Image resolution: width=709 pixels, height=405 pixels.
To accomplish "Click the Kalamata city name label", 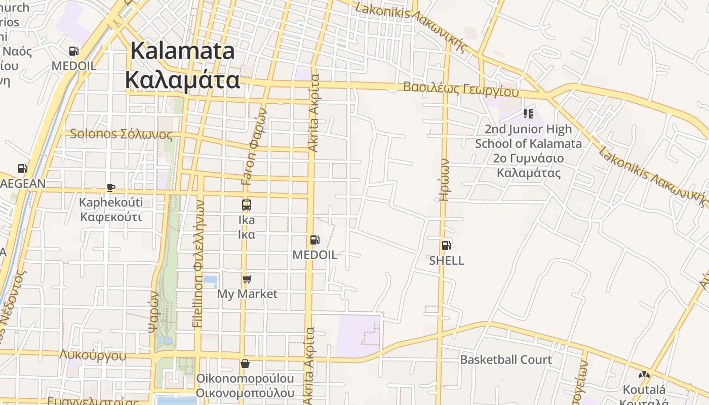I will [182, 66].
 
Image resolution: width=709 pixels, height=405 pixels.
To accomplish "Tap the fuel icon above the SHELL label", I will [446, 246].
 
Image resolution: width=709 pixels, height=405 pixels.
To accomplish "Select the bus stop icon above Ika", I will [247, 205].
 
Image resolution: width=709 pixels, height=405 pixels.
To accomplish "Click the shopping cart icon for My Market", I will [247, 279].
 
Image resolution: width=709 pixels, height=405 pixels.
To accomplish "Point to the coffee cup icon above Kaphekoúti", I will [111, 187].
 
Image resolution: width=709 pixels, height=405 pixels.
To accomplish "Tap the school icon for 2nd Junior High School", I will [528, 114].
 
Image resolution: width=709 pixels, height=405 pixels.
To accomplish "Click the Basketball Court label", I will [505, 360].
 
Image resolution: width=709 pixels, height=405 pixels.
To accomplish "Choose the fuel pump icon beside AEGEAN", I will [22, 169].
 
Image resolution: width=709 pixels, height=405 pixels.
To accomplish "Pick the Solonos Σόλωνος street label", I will [121, 134].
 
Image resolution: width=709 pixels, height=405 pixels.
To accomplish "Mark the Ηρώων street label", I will [444, 180].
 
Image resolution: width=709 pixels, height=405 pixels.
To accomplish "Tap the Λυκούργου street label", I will [93, 355].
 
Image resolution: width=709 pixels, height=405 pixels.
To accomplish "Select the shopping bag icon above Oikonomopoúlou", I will [245, 363].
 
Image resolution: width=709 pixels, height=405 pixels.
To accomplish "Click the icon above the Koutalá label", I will [644, 375].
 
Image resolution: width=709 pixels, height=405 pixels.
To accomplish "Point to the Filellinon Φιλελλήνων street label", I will [199, 263].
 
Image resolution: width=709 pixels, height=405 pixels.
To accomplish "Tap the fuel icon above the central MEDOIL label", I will [314, 240].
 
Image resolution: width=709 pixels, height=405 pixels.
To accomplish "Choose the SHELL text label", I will [446, 261].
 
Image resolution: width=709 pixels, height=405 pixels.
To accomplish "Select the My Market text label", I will [247, 294].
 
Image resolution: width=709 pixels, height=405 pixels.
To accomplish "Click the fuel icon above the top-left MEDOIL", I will [73, 51].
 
